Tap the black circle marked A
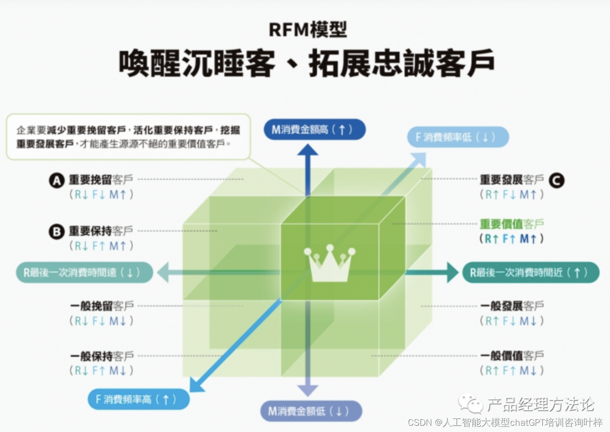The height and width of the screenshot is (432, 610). pyautogui.click(x=57, y=181)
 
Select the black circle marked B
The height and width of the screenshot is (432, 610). pyautogui.click(x=57, y=232)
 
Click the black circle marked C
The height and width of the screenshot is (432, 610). pyautogui.click(x=557, y=181)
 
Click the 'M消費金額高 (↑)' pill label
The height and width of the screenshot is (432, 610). pyautogui.click(x=314, y=129)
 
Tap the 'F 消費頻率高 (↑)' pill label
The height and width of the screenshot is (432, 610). pyautogui.click(x=139, y=399)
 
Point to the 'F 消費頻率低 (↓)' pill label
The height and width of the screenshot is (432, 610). pyautogui.click(x=459, y=137)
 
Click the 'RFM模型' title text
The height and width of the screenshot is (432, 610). pyautogui.click(x=307, y=30)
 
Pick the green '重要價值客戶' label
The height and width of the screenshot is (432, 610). pyautogui.click(x=512, y=224)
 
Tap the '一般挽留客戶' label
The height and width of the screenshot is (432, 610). pyautogui.click(x=101, y=306)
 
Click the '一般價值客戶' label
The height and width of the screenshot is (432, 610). pyautogui.click(x=512, y=356)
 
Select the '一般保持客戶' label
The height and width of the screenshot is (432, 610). pyautogui.click(x=101, y=356)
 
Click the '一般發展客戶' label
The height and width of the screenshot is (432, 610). pyautogui.click(x=512, y=306)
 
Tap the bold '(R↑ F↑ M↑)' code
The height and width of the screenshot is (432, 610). pyautogui.click(x=512, y=238)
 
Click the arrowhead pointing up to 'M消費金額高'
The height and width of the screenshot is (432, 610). pyautogui.click(x=307, y=150)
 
